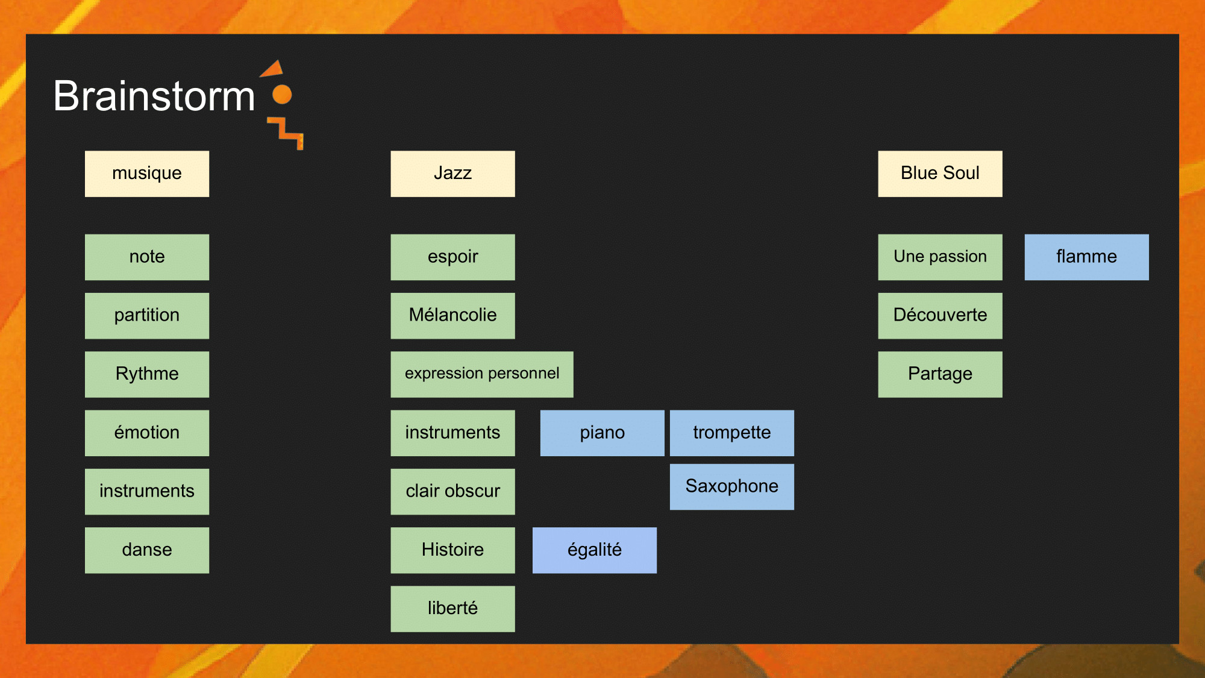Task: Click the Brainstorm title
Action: [154, 96]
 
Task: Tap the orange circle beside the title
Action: [282, 95]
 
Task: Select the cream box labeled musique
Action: [147, 174]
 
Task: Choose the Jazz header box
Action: [452, 174]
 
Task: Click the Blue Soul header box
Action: [940, 174]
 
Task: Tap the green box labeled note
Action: [147, 257]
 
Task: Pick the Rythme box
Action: [147, 374]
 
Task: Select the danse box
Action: [147, 550]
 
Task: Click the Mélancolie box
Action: [452, 316]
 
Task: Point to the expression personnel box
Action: [482, 374]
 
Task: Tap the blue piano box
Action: [602, 433]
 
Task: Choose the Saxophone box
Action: [732, 487]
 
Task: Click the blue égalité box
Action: [595, 550]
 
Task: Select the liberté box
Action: [452, 609]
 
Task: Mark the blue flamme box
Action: [1087, 257]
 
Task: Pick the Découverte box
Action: [940, 316]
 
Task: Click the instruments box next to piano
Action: [452, 433]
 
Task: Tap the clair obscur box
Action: [452, 492]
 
